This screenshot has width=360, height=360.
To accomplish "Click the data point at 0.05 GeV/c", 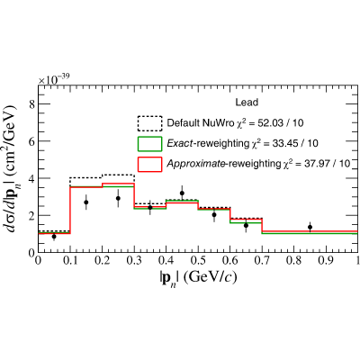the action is [54, 237].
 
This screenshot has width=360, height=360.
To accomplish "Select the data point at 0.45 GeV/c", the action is [182, 193].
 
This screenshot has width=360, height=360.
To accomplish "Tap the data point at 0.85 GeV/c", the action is [310, 227].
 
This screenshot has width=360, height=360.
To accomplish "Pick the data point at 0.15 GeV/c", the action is [86, 202].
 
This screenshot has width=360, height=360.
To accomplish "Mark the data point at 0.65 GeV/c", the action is [246, 225].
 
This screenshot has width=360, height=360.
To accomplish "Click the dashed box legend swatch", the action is [149, 123].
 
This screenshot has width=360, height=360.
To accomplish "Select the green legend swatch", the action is [149, 144].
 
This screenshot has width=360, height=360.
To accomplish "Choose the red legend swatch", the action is [149, 164].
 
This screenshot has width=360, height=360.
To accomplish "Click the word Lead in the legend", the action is [247, 103].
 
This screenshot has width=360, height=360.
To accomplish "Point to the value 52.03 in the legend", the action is [269, 123].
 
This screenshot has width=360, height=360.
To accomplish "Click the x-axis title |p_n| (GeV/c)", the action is [198, 278].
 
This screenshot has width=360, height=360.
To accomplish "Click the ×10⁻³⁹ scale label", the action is [54, 79].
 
